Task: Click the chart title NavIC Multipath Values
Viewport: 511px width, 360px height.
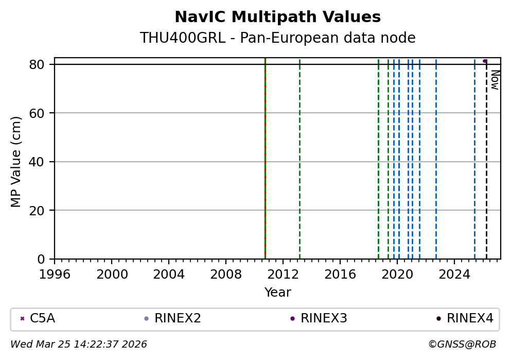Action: (x=277, y=17)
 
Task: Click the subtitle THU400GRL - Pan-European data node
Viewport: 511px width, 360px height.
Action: (x=277, y=38)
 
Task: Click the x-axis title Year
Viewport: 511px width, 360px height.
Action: (x=277, y=293)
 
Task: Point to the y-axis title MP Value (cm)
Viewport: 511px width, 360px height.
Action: (x=16, y=162)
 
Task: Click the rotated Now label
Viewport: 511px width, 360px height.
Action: (x=495, y=80)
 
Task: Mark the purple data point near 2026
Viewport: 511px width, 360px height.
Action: (x=485, y=61)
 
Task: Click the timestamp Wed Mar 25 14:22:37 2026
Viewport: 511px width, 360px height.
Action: (x=79, y=344)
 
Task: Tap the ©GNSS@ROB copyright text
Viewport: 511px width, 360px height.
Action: (x=462, y=344)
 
